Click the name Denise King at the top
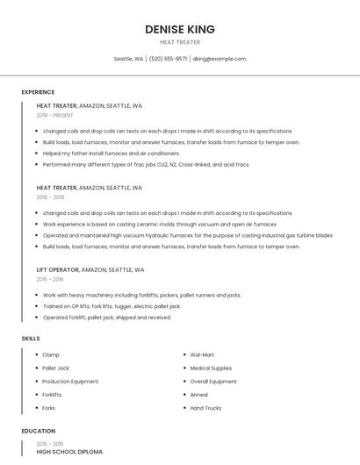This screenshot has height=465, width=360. (179, 29)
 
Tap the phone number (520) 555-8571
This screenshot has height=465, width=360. (168, 59)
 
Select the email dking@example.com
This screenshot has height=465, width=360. (220, 59)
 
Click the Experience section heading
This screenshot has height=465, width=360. (38, 92)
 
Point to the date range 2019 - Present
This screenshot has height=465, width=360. (55, 115)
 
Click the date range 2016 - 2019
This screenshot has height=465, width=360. (50, 197)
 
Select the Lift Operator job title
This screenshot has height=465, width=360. (57, 270)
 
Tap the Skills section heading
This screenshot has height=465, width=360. (31, 338)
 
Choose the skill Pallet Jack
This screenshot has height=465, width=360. (55, 368)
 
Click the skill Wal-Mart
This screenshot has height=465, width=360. (203, 354)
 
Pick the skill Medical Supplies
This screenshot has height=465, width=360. (211, 368)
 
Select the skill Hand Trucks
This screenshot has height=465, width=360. (206, 408)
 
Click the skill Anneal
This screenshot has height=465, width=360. (199, 395)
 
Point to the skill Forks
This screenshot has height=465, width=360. (49, 408)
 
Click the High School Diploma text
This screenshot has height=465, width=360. (69, 451)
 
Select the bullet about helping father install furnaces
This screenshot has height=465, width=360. (111, 153)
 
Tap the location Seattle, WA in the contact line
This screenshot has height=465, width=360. (128, 59)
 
